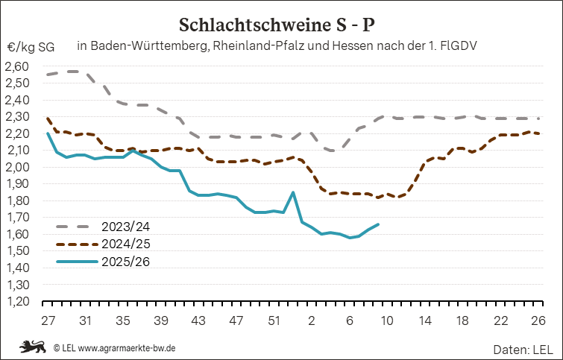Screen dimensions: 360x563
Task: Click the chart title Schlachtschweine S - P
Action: coord(282,25)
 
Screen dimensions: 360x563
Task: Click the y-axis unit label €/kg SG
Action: coord(31,46)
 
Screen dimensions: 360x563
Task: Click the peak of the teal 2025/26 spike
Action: coord(293,192)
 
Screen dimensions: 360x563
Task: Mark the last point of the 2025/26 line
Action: coord(378,224)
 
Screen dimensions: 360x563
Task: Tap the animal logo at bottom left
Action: coord(33,347)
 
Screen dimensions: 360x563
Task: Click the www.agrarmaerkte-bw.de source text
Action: coord(127,347)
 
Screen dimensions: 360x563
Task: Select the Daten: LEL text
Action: coord(521,348)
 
